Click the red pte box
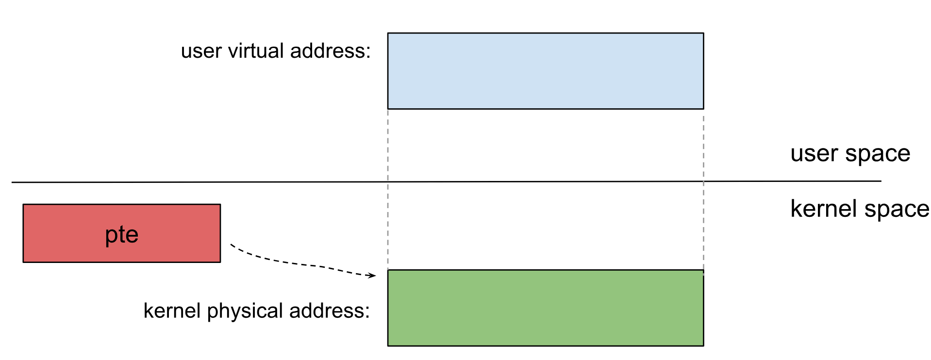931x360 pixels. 58,233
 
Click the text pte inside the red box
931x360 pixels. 121,235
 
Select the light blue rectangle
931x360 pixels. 545,71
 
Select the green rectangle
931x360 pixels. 545,308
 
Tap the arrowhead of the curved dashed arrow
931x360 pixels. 372,276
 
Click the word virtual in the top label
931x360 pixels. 256,51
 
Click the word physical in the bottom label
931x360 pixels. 245,311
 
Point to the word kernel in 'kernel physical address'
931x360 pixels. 172,311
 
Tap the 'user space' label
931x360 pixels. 850,154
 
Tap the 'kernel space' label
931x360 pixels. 859,209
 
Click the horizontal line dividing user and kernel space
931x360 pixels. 194,182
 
